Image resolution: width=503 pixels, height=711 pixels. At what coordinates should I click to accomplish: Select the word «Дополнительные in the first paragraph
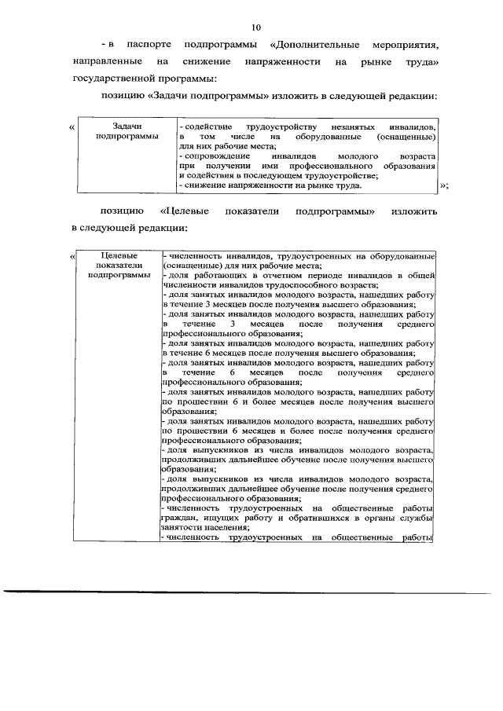tap(308, 44)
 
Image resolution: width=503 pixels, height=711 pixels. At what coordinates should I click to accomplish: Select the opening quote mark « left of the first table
tap(72, 126)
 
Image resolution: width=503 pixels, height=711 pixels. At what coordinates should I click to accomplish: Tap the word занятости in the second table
tap(182, 529)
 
